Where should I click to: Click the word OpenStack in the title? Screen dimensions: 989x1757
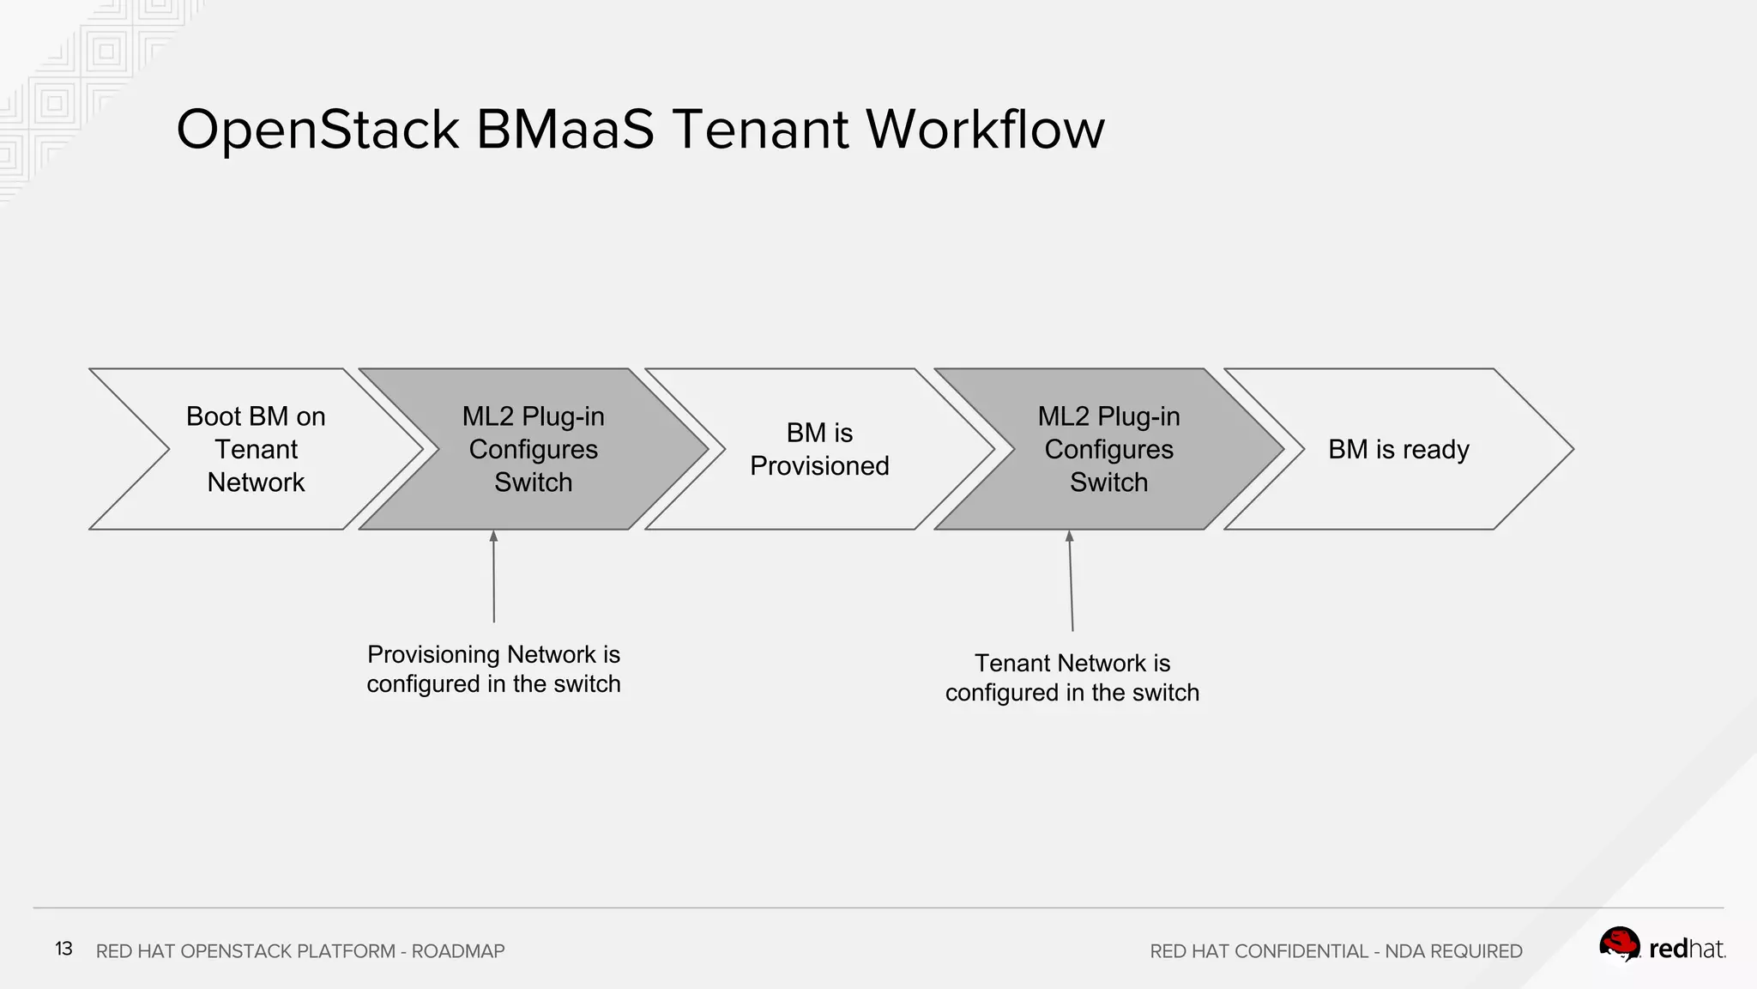pos(317,130)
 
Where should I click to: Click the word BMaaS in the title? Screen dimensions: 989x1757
pos(565,130)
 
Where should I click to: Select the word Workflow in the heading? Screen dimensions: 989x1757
pos(985,130)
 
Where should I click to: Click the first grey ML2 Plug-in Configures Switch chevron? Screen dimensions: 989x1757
pos(533,449)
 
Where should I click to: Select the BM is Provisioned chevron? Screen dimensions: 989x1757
pos(819,449)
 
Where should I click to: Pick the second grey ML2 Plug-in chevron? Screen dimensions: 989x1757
pos(1108,449)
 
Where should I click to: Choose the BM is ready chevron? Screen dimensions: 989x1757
pos(1398,449)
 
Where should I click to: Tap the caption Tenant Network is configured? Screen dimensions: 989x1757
pos(1072,677)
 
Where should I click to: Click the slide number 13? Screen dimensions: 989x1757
pos(63,949)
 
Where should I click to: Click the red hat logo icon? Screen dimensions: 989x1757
pos(1619,945)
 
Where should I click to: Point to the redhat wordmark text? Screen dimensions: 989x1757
pos(1686,949)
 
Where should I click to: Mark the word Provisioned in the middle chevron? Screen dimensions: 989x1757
pos(819,466)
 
